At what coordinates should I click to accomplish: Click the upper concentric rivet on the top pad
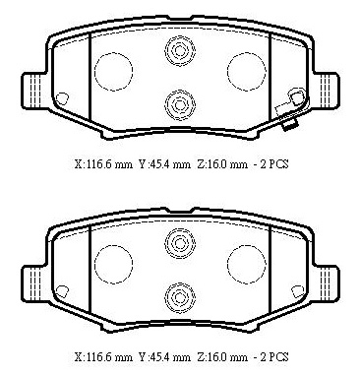180,50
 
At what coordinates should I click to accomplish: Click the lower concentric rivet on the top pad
180,105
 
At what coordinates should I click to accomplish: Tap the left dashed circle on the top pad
113,71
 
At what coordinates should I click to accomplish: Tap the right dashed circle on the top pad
247,71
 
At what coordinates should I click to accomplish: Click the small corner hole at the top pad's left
62,98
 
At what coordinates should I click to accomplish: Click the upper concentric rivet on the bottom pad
180,243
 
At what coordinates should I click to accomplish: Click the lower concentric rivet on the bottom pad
180,298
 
